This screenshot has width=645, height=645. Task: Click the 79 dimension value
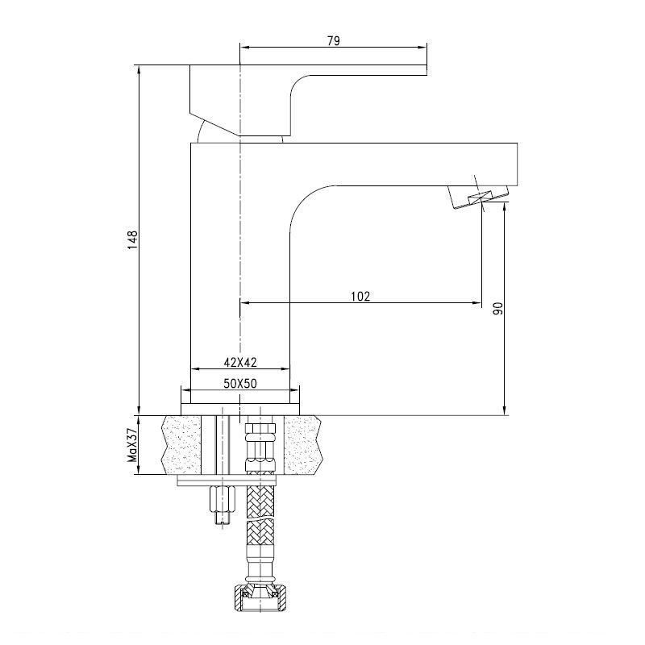(x=334, y=41)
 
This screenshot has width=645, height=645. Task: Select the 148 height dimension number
(x=132, y=239)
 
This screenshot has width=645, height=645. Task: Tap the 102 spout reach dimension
(x=360, y=296)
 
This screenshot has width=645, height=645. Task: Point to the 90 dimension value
(x=497, y=309)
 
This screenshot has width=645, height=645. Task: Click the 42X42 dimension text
(x=240, y=362)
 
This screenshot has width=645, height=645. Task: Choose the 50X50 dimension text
(x=240, y=384)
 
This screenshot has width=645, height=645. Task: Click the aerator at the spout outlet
(x=479, y=197)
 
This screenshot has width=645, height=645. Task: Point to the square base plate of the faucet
(x=240, y=410)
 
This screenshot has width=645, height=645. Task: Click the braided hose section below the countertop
(x=260, y=518)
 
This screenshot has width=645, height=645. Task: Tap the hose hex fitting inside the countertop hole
(x=260, y=447)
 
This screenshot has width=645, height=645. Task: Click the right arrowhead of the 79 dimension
(x=422, y=48)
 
